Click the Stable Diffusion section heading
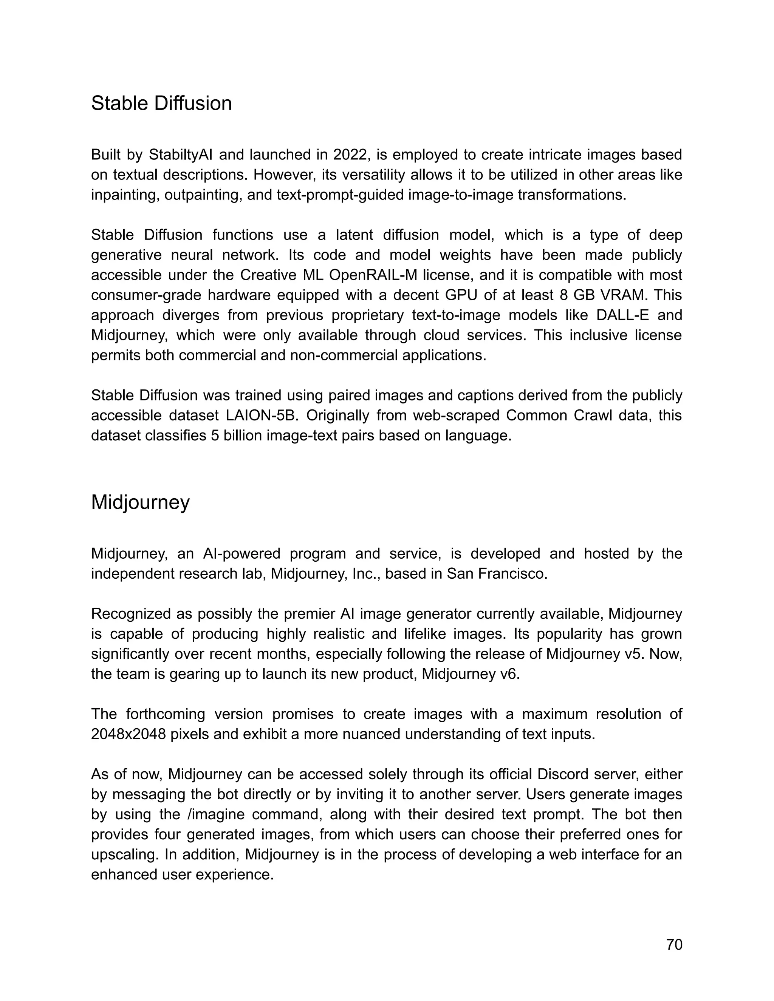[x=161, y=103]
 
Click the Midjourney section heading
[x=140, y=502]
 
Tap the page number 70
[x=674, y=945]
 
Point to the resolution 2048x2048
[x=128, y=734]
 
